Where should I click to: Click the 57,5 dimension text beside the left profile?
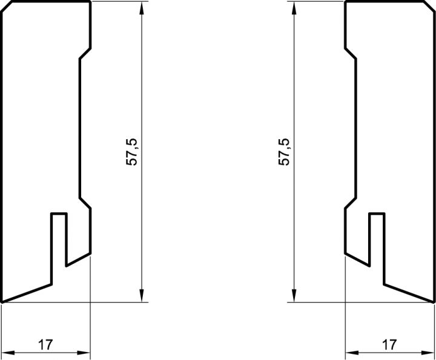(x=133, y=151)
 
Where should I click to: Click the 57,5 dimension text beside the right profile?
(x=284, y=151)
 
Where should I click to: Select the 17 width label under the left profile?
(x=45, y=345)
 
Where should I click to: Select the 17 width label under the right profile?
(x=390, y=345)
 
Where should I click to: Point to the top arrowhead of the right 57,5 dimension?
(x=294, y=8)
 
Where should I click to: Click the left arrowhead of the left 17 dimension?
(x=8, y=353)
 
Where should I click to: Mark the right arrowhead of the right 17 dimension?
(x=429, y=353)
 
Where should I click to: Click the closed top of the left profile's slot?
(x=59, y=214)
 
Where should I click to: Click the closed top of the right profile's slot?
(x=377, y=214)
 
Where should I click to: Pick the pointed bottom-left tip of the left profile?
(x=2, y=301)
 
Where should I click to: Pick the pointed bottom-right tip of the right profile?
(x=434, y=301)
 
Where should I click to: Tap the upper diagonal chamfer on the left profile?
(x=85, y=54)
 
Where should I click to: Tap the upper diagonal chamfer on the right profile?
(x=350, y=54)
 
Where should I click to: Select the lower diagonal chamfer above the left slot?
(x=85, y=203)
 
